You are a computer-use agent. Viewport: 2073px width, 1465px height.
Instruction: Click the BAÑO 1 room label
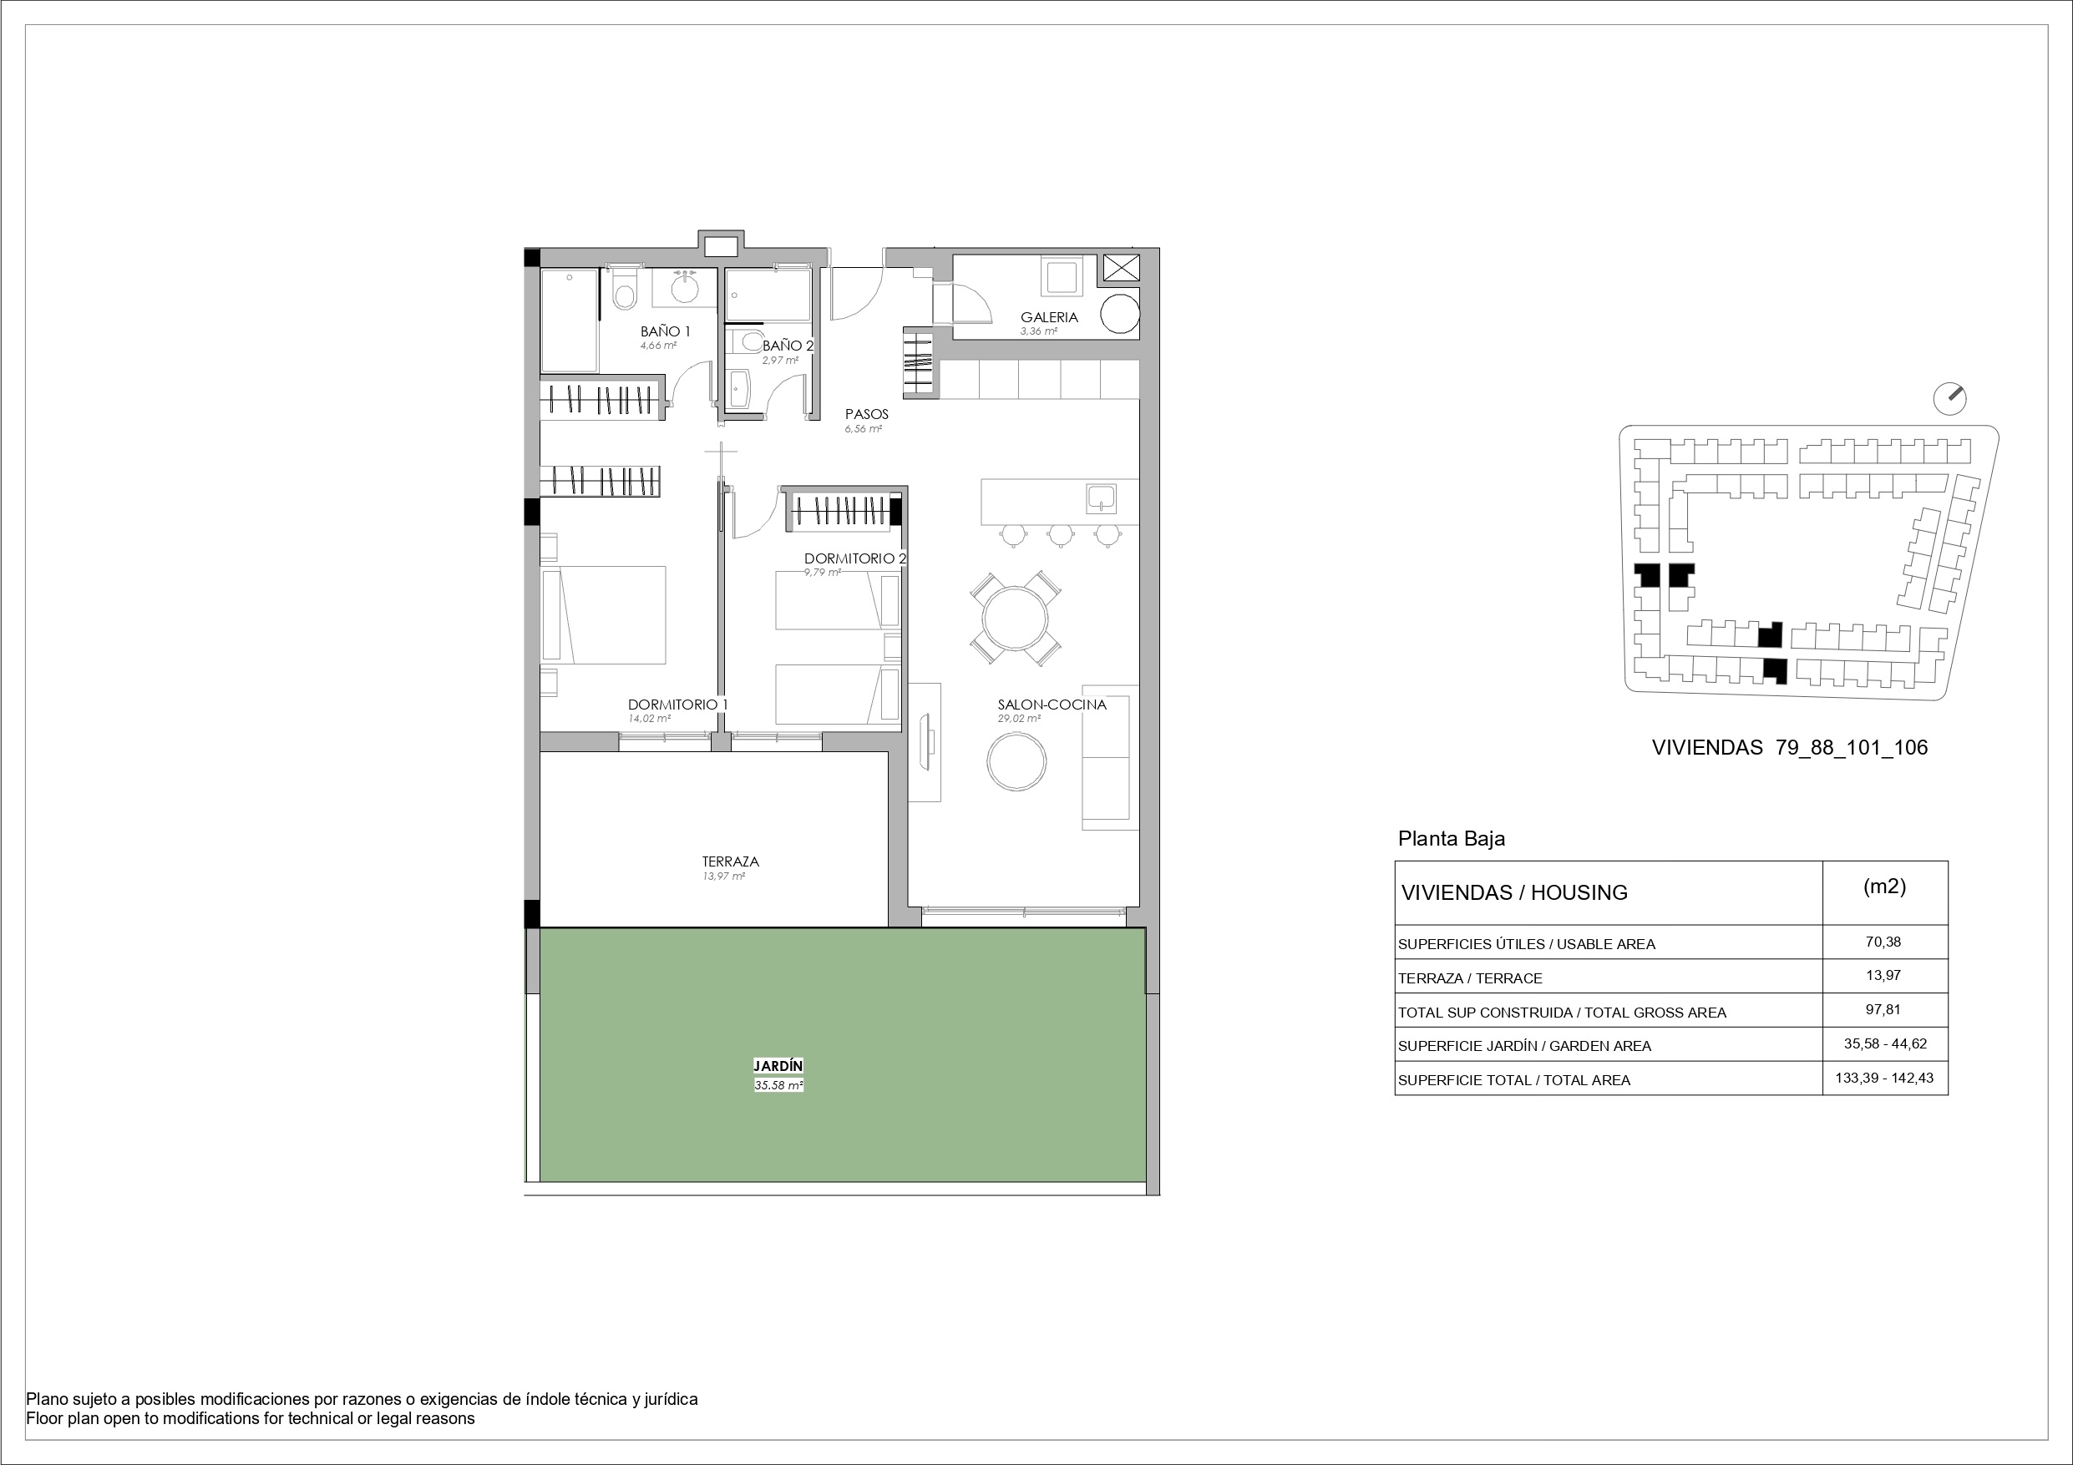click(666, 331)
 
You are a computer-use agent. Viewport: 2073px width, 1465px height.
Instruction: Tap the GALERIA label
click(1049, 318)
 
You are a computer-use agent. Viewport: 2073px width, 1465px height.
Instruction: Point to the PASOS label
click(867, 414)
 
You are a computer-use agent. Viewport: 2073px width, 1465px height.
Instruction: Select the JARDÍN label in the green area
click(778, 1066)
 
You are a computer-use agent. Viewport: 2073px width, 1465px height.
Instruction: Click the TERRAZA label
click(731, 861)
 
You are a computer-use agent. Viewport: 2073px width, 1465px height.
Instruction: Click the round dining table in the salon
click(1016, 619)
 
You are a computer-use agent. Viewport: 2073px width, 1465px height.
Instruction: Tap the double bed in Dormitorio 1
click(603, 614)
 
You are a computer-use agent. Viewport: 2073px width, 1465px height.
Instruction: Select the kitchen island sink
click(1102, 498)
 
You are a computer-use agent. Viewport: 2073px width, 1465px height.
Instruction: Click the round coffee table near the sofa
click(1016, 762)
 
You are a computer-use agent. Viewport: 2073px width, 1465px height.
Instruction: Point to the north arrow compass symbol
click(1950, 397)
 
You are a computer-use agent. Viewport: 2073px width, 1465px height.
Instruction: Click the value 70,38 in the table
click(1883, 942)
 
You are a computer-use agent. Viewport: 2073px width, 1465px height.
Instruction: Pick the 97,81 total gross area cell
click(1883, 1010)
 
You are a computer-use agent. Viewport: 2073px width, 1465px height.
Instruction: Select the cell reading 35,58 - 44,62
click(1885, 1043)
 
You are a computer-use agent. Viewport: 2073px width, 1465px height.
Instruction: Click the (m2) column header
click(1884, 887)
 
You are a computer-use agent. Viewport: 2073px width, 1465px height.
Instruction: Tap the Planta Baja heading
click(1452, 839)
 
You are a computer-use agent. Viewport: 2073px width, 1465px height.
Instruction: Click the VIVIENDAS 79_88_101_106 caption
click(1790, 747)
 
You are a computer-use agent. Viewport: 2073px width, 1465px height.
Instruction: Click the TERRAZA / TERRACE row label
click(1470, 978)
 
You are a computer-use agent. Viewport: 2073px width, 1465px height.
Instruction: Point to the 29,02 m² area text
click(1018, 719)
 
